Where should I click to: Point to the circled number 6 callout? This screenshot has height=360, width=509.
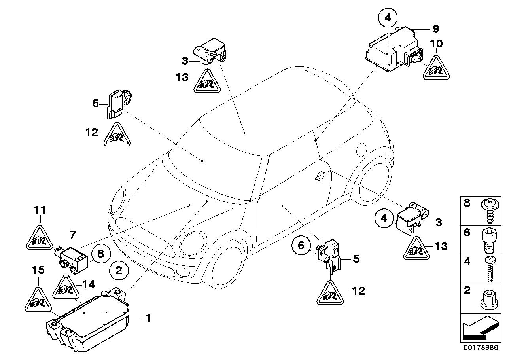pyautogui.click(x=301, y=246)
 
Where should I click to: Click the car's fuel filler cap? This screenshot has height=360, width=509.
pyautogui.click(x=363, y=149)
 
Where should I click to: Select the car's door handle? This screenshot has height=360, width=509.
pyautogui.click(x=321, y=174)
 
